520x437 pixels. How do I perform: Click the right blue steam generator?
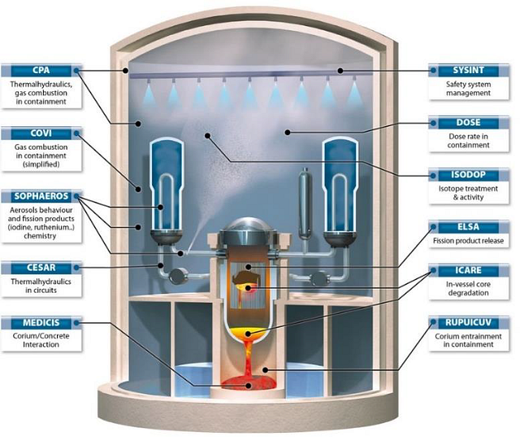click(342, 183)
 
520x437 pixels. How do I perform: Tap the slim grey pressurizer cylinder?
click(304, 199)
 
